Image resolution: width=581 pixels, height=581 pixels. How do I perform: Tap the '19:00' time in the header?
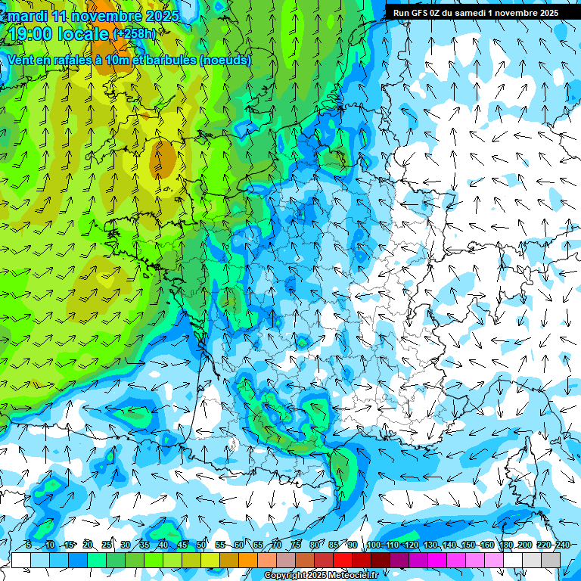tap(33, 34)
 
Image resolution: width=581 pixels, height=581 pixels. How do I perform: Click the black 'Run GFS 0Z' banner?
tap(475, 12)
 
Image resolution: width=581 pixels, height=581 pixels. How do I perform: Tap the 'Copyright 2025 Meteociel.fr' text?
tap(321, 576)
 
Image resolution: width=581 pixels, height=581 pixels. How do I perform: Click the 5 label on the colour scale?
tap(28, 545)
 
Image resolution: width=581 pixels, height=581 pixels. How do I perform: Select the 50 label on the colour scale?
tap(201, 545)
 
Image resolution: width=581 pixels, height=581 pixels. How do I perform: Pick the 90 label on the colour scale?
tap(353, 545)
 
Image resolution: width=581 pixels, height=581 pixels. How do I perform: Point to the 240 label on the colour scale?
tap(562, 545)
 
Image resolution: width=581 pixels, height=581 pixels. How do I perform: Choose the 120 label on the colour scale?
tap(412, 545)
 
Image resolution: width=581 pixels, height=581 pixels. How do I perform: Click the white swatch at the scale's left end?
tap(20, 560)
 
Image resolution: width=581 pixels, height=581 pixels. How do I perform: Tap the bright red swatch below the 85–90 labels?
tap(343, 560)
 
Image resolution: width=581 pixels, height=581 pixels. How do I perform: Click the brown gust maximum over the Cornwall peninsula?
tap(163, 160)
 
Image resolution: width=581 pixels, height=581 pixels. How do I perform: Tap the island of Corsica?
tap(522, 469)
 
